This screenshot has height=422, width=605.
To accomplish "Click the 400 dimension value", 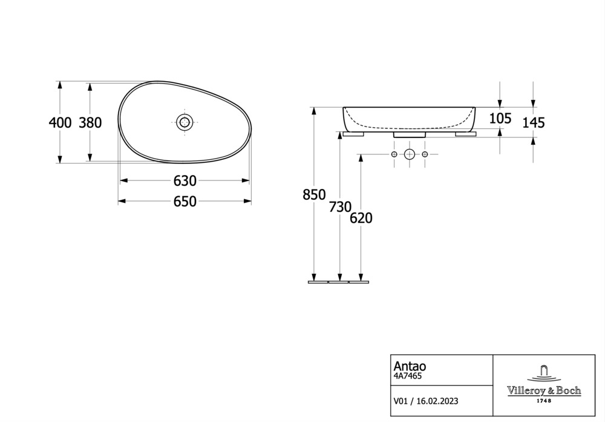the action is [x=60, y=122].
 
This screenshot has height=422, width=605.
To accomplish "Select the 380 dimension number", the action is [x=90, y=122].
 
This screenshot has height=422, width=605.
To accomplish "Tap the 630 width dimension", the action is [x=185, y=180].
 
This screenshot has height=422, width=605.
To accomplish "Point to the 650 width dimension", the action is [x=185, y=201].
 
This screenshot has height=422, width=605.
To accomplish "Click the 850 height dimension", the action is [x=314, y=194].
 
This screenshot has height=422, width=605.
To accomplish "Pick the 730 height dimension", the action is [x=340, y=207].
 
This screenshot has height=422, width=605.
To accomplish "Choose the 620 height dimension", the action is [x=361, y=218].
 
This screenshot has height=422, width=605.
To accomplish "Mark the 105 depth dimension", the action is [x=500, y=118].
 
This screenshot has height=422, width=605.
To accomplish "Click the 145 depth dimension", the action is [x=534, y=123].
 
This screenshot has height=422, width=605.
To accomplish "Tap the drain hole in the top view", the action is [x=185, y=122].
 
